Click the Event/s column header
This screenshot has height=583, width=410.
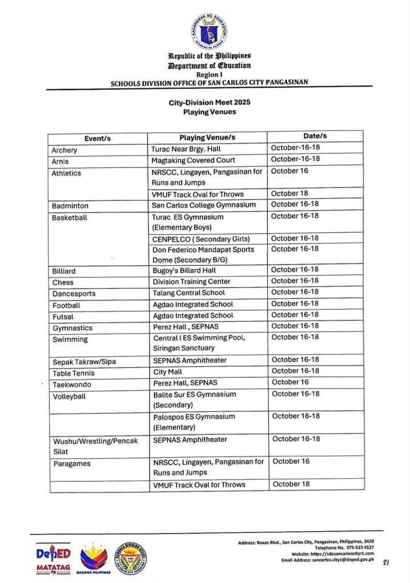coord(97,138)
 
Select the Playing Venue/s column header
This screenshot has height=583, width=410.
coord(207,138)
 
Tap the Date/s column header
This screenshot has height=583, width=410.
coord(315,137)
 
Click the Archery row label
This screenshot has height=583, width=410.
coord(64,150)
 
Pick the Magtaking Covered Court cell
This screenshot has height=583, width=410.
coord(193,161)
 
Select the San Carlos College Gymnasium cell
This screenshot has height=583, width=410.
coord(203,205)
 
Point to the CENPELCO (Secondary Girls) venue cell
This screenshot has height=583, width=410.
coord(201,239)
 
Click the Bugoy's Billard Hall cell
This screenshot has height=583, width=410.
coord(184,270)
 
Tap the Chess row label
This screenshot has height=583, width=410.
coord(63,282)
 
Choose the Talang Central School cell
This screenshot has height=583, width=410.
coord(188,293)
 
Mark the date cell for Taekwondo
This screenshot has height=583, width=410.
coord(290,383)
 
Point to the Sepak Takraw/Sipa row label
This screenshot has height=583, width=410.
coord(84,362)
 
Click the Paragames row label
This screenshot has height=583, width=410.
coord(71,464)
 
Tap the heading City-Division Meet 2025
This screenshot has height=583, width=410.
coord(209,102)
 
